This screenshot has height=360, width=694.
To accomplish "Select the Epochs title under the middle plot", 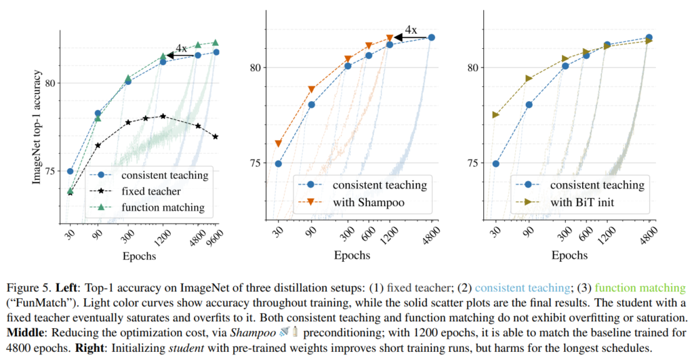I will [x=351, y=256].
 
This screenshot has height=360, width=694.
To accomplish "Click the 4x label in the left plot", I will [x=181, y=48].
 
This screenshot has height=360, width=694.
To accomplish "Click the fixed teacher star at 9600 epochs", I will [x=216, y=136].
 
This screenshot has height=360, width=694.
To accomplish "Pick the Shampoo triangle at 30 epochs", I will [x=278, y=144].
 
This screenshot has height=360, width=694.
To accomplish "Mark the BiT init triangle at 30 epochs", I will [x=495, y=115].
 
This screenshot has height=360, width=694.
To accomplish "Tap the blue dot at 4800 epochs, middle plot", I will [x=431, y=37].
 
